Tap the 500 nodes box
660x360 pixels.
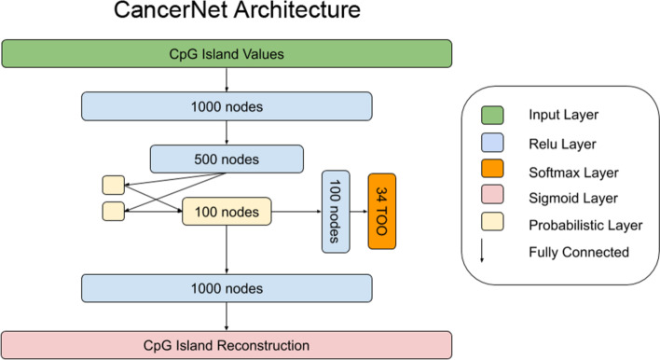pyautogui.click(x=227, y=158)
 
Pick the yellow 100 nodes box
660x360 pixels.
pyautogui.click(x=226, y=212)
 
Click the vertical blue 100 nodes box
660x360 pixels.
pyautogui.click(x=336, y=212)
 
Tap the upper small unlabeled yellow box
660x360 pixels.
pyautogui.click(x=112, y=185)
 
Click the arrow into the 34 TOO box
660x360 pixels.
pyautogui.click(x=359, y=212)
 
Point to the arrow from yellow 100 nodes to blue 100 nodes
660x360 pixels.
pyautogui.click(x=296, y=212)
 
